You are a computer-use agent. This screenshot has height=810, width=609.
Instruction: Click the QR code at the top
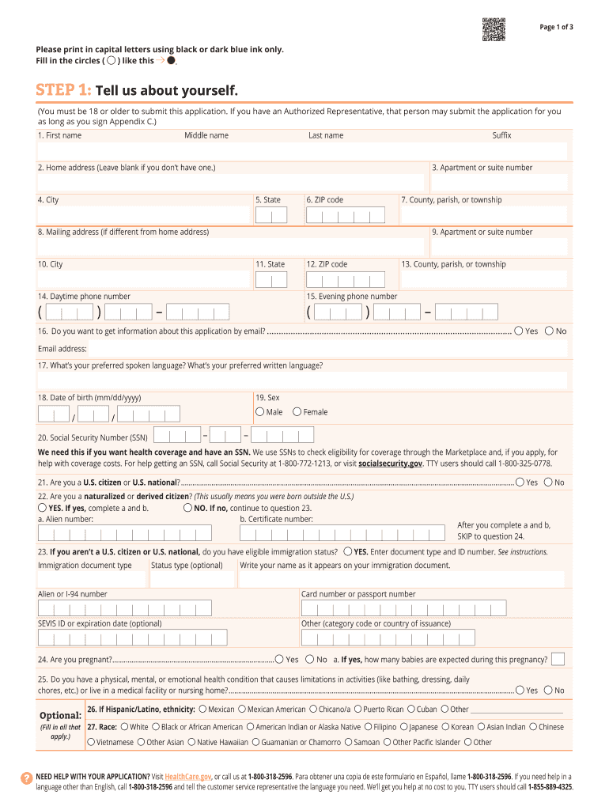(494, 29)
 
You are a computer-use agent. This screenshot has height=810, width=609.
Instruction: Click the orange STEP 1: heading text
(64, 89)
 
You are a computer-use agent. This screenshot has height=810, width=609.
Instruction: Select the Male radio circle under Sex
(259, 412)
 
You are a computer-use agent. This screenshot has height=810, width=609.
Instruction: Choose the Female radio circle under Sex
(297, 412)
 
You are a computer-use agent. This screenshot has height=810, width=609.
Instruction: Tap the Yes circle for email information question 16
(519, 331)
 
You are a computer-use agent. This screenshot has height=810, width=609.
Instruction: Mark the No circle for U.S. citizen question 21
(548, 482)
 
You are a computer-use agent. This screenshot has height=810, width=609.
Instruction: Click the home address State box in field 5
(271, 216)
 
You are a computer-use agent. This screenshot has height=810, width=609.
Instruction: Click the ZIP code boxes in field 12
(346, 280)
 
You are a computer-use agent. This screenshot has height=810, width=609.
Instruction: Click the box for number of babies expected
(558, 659)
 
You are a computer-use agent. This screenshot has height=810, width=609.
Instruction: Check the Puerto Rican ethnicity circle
(357, 710)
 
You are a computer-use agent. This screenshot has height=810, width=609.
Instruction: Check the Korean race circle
(444, 727)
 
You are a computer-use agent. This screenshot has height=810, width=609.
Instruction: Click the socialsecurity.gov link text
(391, 464)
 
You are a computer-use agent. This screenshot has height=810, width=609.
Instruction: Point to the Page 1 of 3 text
(556, 28)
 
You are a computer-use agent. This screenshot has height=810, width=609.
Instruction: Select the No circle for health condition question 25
(548, 690)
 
